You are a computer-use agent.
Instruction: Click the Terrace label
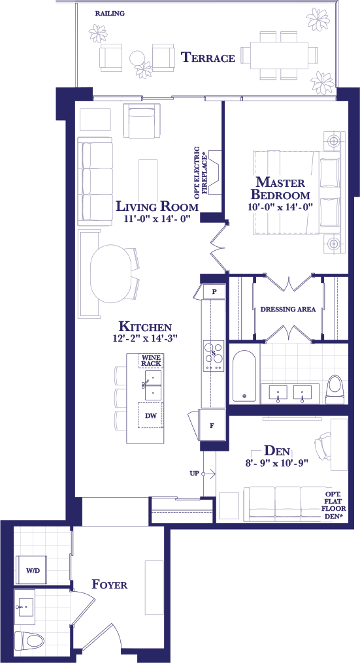pyautogui.click(x=208, y=57)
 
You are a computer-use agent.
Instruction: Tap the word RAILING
pyautogui.click(x=110, y=14)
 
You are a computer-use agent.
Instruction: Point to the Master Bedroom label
pyautogui.click(x=280, y=189)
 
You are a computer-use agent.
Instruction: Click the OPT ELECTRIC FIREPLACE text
pyautogui.click(x=202, y=173)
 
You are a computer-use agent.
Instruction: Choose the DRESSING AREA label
pyautogui.click(x=288, y=309)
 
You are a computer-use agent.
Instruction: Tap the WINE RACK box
pyautogui.click(x=151, y=361)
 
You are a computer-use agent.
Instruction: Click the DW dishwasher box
pyautogui.click(x=151, y=415)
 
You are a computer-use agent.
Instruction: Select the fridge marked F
pyautogui.click(x=212, y=425)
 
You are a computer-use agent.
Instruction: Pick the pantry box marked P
pyautogui.click(x=214, y=292)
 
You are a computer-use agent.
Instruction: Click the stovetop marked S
pyautogui.click(x=214, y=356)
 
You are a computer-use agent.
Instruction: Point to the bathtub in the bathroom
pyautogui.click(x=244, y=376)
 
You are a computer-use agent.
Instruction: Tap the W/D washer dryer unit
pyautogui.click(x=31, y=570)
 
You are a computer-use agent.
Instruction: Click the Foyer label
pyautogui.click(x=110, y=585)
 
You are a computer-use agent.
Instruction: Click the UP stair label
pyautogui.click(x=194, y=474)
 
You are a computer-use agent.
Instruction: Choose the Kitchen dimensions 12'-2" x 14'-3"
pyautogui.click(x=145, y=338)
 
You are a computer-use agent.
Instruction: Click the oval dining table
pyautogui.click(x=111, y=274)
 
